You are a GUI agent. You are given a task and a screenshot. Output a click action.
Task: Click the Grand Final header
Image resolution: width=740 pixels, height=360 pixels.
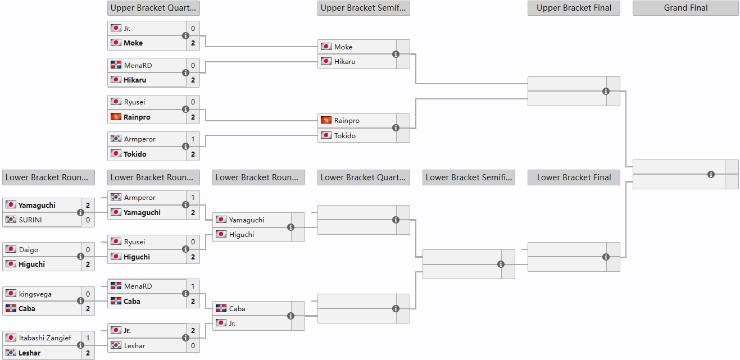coord(685,8)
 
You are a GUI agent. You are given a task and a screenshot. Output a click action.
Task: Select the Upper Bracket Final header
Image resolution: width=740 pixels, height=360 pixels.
coord(574,8)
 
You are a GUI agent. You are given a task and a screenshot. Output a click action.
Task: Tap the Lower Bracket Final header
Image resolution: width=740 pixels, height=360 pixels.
coord(574,177)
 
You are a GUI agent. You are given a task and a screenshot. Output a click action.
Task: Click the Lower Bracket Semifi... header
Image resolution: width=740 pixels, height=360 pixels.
coord(469,177)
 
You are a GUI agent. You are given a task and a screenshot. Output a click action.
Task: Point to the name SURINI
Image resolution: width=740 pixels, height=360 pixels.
coord(30,220)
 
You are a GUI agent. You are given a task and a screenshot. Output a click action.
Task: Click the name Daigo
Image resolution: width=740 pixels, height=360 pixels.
coord(29,250)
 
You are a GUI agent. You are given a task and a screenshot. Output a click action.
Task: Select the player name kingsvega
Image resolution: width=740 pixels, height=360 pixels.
coord(35,294)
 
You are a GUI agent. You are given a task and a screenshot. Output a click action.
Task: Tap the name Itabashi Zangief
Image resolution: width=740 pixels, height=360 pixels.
coord(45,338)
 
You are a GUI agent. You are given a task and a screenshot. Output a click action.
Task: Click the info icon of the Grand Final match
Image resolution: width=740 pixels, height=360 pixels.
coord(711,175)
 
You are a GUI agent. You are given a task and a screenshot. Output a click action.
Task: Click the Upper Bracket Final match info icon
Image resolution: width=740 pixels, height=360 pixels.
coord(606,91)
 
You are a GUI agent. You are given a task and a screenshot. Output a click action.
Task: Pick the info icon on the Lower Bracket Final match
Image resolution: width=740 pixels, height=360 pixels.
coord(606,257)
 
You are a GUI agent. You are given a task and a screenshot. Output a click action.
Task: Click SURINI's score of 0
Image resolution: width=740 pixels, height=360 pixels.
coord(88,220)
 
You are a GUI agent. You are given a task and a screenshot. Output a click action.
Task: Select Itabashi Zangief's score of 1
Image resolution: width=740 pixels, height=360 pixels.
coord(88,338)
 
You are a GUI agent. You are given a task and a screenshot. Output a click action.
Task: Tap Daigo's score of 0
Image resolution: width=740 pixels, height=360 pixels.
coord(88,250)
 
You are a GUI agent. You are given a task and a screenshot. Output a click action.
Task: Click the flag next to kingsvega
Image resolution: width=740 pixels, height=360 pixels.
coord(11,293)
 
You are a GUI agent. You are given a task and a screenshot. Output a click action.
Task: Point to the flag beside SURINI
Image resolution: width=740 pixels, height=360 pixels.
coord(11,219)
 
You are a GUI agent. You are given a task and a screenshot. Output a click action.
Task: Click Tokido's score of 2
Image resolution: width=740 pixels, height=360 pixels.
coord(193,154)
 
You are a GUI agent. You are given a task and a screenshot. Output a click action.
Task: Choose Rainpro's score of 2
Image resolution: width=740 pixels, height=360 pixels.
coord(193,117)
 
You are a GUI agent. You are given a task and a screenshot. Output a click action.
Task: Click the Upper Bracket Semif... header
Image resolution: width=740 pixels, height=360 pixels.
coord(364,8)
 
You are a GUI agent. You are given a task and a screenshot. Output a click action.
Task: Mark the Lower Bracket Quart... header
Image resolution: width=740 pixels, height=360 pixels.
coord(364,177)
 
